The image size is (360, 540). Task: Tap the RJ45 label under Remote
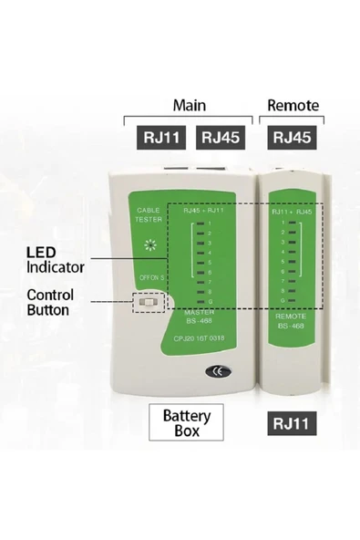click(x=292, y=137)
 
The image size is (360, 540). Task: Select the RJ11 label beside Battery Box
click(x=292, y=422)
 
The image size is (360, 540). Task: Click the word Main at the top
click(x=191, y=105)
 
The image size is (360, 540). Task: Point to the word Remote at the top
click(x=293, y=105)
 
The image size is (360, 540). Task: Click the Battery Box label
click(x=187, y=423)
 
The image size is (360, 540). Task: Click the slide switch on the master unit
click(x=146, y=303)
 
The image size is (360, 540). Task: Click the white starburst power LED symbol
click(x=149, y=245)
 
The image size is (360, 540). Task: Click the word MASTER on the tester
click(x=198, y=313)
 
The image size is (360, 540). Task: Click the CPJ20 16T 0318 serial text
click(x=199, y=337)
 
